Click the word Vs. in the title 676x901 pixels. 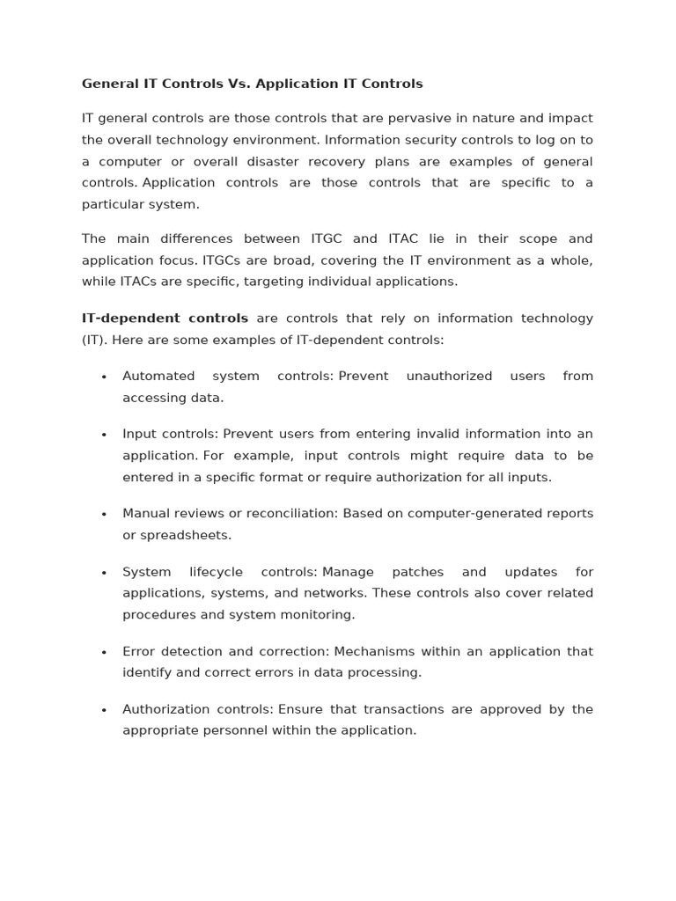[239, 84]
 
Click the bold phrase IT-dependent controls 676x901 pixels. [165, 319]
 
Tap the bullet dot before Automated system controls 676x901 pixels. [104, 377]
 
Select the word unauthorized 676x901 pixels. [449, 377]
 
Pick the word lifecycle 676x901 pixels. [218, 572]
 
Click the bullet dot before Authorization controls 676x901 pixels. [104, 710]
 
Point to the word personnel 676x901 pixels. [264, 730]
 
